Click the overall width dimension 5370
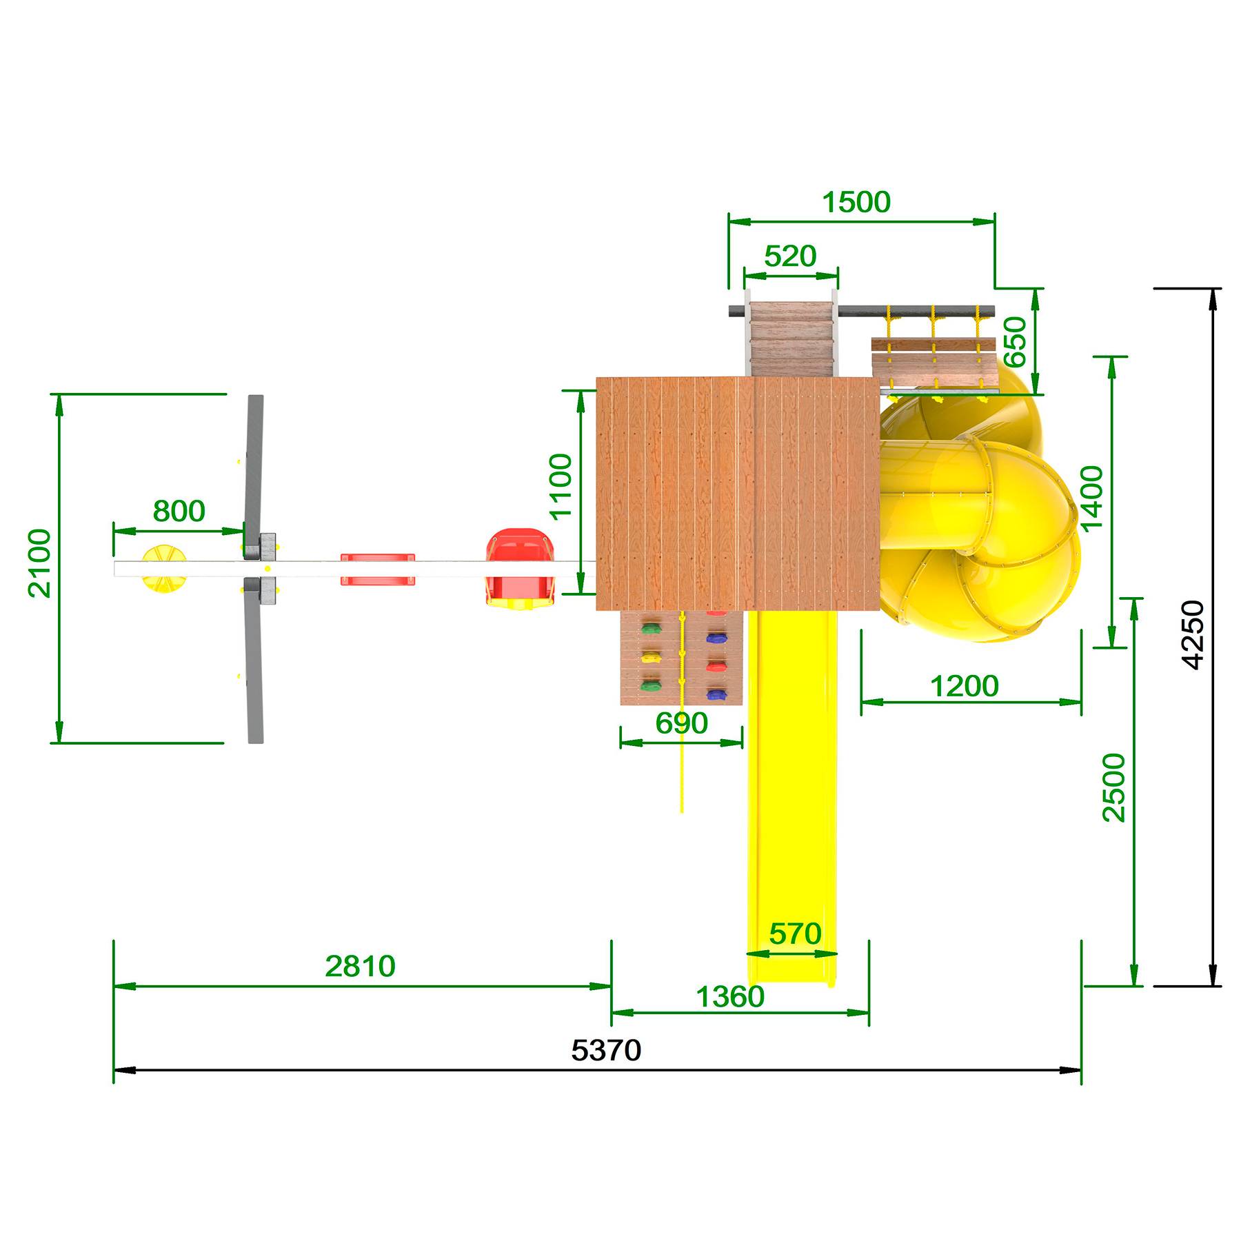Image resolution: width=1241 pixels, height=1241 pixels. point(606,1050)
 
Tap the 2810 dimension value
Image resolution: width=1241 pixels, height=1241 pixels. point(360,966)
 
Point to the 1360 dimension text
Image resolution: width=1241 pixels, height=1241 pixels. point(730,996)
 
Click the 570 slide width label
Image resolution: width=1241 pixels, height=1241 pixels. point(795,934)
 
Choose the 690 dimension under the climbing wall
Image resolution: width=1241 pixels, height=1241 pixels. point(681,723)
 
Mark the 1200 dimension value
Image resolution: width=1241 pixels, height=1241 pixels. point(964,686)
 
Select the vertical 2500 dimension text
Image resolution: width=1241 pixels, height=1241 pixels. point(1113,787)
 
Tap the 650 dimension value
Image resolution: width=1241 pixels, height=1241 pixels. point(1014,342)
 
